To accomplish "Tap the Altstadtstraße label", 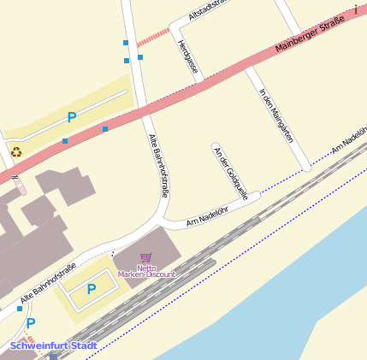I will pyautogui.click(x=210, y=9).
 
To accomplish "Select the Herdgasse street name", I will pyautogui.click(x=188, y=56).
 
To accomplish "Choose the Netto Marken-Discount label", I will pyautogui.click(x=146, y=271).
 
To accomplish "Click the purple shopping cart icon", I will pyautogui.click(x=146, y=257).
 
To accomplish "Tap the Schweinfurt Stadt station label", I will pyautogui.click(x=54, y=345).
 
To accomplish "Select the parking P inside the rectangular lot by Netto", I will pyautogui.click(x=92, y=289).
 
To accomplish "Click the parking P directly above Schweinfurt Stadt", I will pyautogui.click(x=31, y=324).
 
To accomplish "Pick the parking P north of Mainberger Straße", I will pyautogui.click(x=72, y=117).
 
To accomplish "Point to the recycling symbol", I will pyautogui.click(x=15, y=151).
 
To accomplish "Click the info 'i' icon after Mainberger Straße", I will pyautogui.click(x=355, y=9).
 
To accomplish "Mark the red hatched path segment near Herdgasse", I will pyautogui.click(x=153, y=36).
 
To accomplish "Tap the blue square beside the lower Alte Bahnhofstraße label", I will pyautogui.click(x=19, y=309).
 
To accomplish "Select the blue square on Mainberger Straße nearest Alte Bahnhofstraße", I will pyautogui.click(x=105, y=129).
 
